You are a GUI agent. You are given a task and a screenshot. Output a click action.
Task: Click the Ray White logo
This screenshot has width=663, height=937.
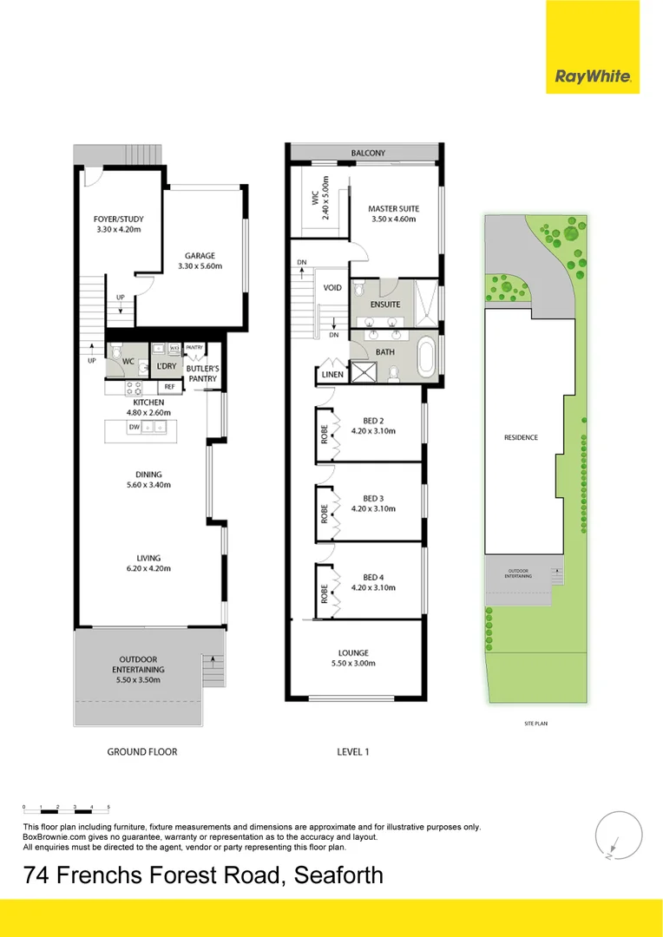tap(593, 76)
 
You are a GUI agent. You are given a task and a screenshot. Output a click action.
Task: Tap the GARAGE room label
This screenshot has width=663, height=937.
tap(200, 256)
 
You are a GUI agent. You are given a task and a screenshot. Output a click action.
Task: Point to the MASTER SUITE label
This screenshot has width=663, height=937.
tap(393, 208)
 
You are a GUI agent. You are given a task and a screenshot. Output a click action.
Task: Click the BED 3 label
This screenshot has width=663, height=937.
tap(373, 498)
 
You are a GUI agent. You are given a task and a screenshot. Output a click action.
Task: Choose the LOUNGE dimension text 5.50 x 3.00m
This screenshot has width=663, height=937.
tap(353, 664)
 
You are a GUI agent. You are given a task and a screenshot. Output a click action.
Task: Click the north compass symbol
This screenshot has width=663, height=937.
tap(614, 836)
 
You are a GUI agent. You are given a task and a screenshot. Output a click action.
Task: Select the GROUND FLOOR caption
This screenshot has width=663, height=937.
tap(141, 751)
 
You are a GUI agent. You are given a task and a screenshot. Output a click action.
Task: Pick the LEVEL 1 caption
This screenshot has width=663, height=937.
tap(353, 751)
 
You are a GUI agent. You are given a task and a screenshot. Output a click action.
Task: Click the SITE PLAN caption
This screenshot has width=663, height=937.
tap(535, 723)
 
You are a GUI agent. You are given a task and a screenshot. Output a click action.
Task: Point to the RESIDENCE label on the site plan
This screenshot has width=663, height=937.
tap(521, 437)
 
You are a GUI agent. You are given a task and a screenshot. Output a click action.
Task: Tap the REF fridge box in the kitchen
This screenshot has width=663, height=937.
tap(169, 387)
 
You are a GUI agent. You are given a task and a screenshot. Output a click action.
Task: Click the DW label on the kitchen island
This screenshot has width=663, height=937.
tap(135, 427)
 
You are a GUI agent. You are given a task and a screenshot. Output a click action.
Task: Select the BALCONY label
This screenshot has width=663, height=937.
tap(368, 154)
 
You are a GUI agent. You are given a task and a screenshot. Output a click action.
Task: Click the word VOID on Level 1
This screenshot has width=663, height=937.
tap(332, 286)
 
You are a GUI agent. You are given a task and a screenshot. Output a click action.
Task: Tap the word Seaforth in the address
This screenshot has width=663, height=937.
tap(338, 875)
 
